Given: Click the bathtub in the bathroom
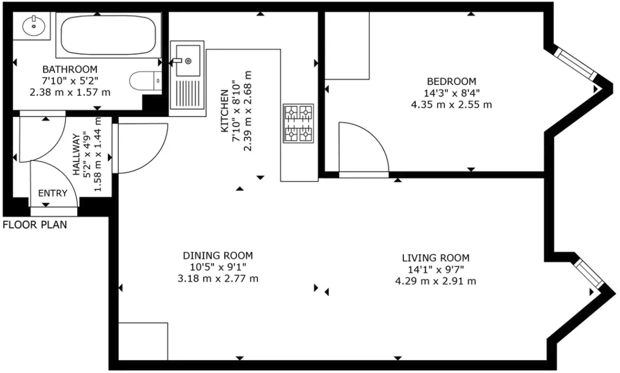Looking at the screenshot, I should tap(108, 34).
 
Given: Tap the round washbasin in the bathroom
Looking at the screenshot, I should tap(34, 26).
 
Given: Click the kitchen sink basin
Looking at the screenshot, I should tap(188, 60).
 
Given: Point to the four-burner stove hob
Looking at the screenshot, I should tap(298, 123).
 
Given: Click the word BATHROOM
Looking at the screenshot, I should tap(70, 69).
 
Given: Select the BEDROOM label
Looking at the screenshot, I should tap(451, 82).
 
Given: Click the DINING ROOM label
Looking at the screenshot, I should tap(218, 255).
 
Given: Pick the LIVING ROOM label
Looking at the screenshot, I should tap(439, 258).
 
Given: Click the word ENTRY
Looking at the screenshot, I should tap(52, 193).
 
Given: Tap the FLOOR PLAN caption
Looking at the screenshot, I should tap(35, 225).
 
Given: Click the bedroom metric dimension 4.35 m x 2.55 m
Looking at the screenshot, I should tap(451, 105).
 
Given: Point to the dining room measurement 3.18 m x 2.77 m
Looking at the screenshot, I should tap(218, 278).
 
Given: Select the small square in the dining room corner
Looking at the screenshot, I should tap(143, 341).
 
